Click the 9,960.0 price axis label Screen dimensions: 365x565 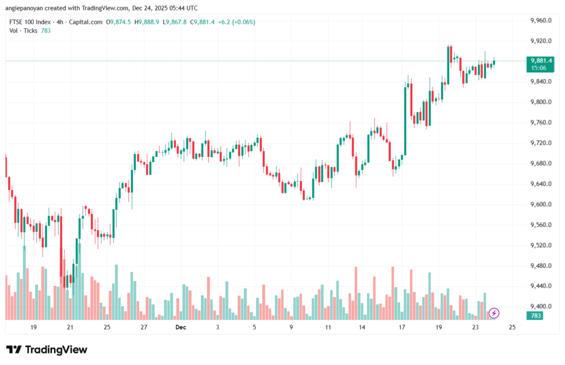pos(540,20)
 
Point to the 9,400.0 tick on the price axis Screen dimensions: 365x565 pos(540,306)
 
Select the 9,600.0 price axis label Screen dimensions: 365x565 pos(540,204)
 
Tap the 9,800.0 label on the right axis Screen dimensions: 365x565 pos(540,102)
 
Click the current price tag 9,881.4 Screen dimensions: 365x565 pos(541,60)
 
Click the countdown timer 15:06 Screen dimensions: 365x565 pos(539,68)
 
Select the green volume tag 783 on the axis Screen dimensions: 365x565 pos(536,316)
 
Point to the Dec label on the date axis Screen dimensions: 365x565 pos(180,327)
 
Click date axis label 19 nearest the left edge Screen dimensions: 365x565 pos(34,327)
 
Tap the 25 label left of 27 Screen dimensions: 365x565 pos(107,327)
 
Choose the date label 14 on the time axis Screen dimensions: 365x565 pos(362,327)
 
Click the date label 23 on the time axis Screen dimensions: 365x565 pos(476,327)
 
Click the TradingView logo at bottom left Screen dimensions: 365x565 pos(46,350)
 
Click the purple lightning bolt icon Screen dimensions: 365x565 pos(494,313)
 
